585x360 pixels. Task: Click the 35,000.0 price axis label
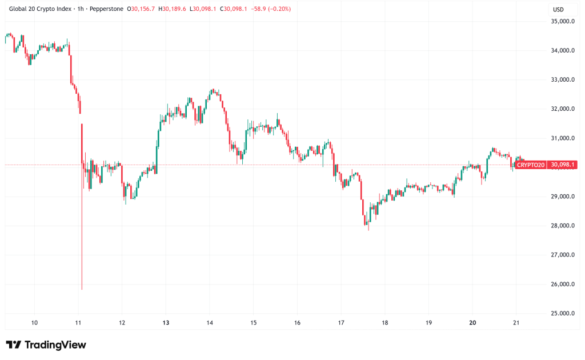pos(562,22)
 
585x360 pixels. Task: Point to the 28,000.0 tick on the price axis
pos(562,226)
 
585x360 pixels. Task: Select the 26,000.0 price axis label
pos(562,285)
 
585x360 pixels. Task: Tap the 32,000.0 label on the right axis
pos(562,109)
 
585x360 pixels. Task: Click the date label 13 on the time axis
pos(165,323)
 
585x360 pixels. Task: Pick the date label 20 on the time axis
pos(472,323)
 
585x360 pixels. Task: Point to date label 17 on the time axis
pos(341,323)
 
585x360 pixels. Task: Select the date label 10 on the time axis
pos(34,323)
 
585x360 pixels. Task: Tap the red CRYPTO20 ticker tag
pos(530,165)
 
